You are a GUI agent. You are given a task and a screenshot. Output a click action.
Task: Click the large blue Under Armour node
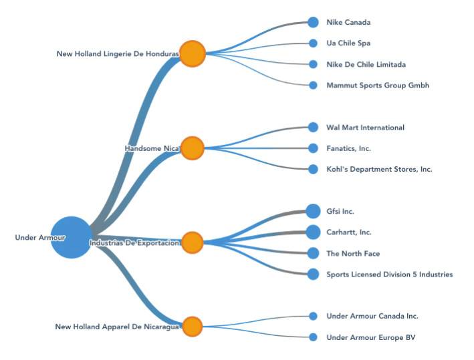70,236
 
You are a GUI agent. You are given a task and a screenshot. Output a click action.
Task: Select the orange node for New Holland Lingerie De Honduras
192,53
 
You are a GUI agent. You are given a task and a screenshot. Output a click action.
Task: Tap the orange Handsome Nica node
192,148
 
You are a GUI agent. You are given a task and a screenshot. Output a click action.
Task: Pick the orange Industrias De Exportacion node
192,242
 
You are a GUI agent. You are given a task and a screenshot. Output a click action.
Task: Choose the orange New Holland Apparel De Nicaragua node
192,327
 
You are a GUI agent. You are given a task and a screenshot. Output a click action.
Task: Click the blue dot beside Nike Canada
313,22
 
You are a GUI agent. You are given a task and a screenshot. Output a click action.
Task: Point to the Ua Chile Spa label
348,43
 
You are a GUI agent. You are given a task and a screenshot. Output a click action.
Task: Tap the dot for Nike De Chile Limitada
313,64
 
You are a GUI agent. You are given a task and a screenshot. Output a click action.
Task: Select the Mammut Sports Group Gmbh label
378,85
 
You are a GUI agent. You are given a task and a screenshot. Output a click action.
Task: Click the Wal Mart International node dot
313,127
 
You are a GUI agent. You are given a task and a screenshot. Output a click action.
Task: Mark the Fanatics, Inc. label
348,148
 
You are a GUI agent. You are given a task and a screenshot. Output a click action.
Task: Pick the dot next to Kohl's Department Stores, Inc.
313,169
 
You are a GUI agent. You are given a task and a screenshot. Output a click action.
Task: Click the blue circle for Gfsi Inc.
313,211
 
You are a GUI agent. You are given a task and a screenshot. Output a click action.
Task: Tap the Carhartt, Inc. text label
348,232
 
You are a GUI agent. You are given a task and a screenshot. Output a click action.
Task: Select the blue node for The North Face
313,253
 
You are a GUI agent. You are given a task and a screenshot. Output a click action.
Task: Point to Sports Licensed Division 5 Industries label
389,275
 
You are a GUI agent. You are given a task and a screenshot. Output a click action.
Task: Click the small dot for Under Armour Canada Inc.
313,316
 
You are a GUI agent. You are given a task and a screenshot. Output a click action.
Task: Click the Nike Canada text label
348,22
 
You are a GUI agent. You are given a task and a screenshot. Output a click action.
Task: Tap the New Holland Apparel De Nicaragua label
117,327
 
